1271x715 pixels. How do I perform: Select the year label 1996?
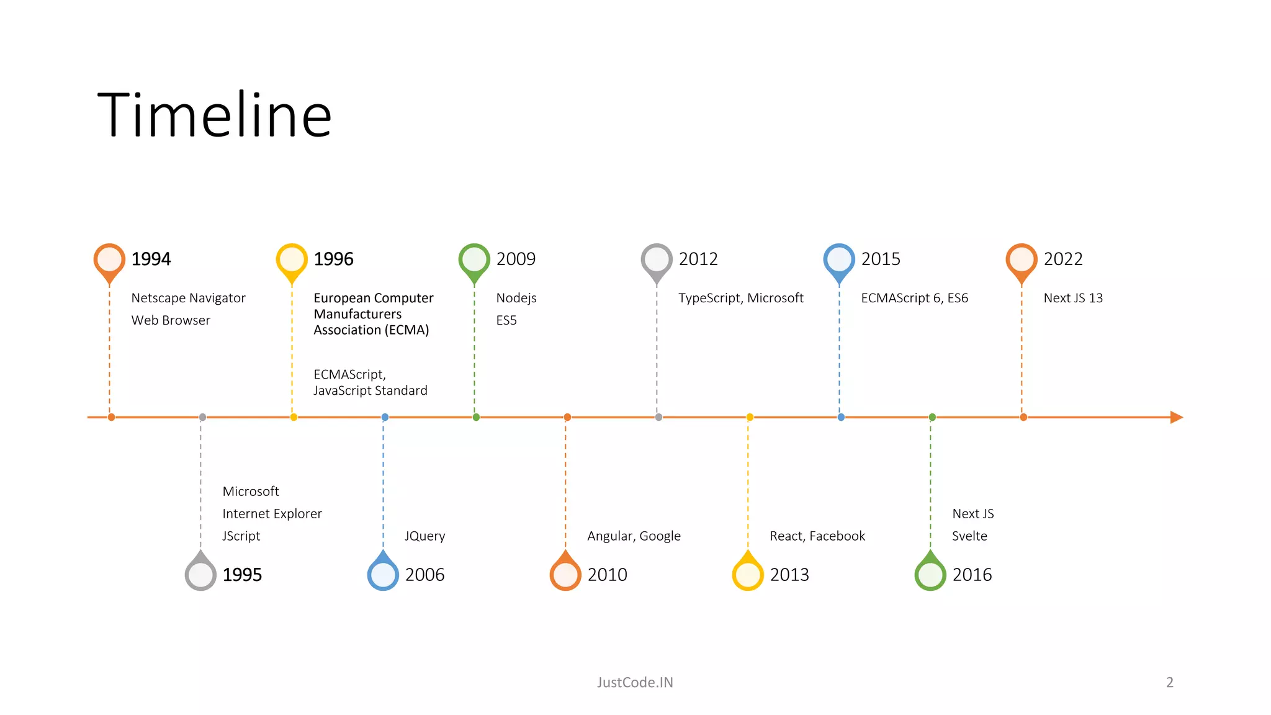(x=333, y=259)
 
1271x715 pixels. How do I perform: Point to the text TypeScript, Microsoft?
(x=740, y=298)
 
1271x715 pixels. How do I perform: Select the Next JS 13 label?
(x=1073, y=298)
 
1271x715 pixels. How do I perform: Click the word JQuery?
(x=424, y=536)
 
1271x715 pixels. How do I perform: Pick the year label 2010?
(x=607, y=575)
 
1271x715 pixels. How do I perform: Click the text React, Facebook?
(x=817, y=536)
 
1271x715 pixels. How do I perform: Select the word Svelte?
(x=969, y=536)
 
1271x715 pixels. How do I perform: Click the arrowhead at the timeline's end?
(x=1176, y=417)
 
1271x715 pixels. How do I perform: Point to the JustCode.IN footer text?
(x=635, y=682)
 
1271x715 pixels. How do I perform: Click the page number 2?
(x=1170, y=682)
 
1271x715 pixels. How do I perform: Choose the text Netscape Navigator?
(x=188, y=298)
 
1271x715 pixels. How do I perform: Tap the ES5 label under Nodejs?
(x=506, y=320)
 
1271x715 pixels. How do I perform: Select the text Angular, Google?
(x=634, y=536)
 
